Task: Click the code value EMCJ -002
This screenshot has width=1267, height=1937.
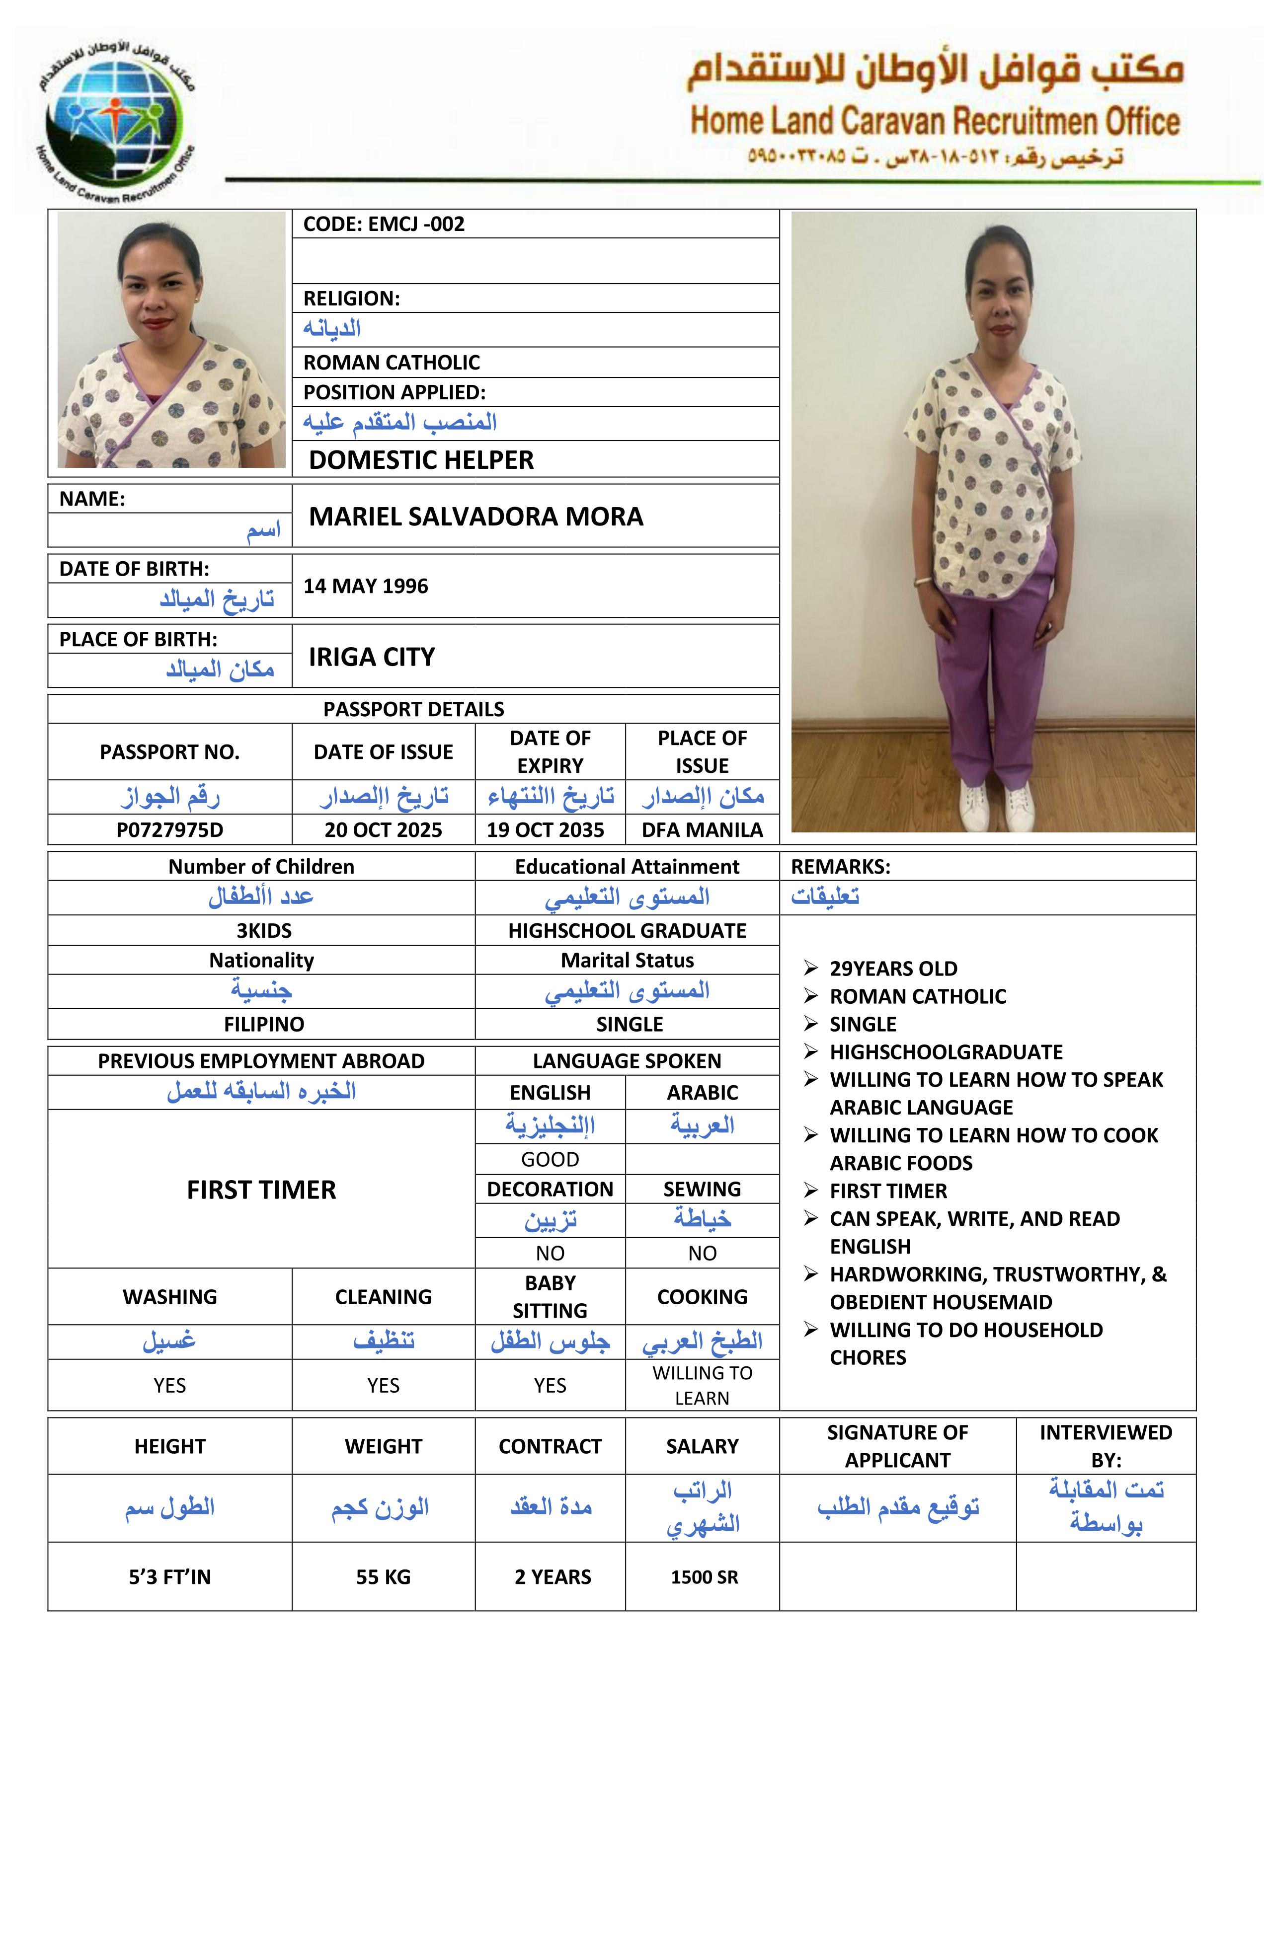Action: pos(416,224)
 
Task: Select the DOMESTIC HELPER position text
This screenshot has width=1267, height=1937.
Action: pos(421,460)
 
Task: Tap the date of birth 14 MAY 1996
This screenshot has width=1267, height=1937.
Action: pos(366,586)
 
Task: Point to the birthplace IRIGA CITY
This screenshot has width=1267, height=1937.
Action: pos(371,657)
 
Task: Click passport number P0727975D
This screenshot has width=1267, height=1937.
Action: pos(169,829)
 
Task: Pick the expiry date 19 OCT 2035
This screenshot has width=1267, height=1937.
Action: pos(546,829)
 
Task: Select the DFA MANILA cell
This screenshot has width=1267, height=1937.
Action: pos(702,829)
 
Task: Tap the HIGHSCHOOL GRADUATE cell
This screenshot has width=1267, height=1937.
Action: pos(627,930)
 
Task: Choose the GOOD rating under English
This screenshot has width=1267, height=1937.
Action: pos(550,1159)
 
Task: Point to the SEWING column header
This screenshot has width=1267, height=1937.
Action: pos(702,1189)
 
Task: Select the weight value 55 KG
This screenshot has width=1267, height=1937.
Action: pos(383,1576)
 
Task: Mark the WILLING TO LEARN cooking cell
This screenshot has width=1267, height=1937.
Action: pos(702,1385)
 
